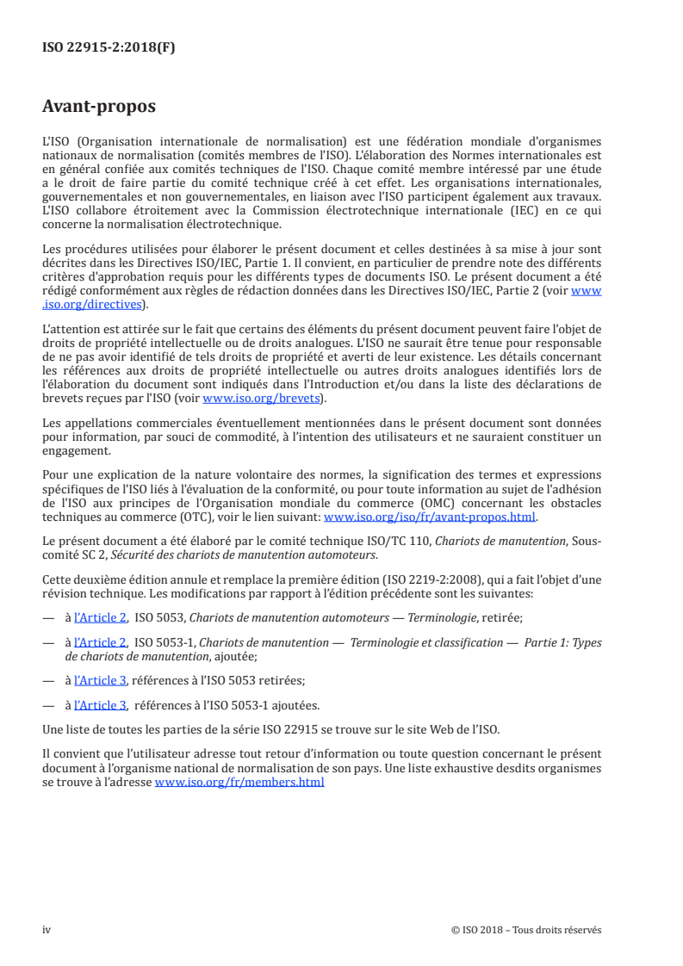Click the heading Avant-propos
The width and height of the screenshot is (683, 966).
coord(99,107)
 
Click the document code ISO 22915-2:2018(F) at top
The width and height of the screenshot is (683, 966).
coord(109,48)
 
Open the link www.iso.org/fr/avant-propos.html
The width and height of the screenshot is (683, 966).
coord(429,517)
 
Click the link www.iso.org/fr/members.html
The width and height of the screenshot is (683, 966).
coord(239,783)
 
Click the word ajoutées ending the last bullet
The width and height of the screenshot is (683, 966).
coord(301,704)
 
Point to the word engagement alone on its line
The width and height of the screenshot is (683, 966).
coord(76,450)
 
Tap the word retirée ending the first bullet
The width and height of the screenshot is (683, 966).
coord(501,617)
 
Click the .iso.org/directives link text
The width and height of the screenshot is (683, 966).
coord(95,304)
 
